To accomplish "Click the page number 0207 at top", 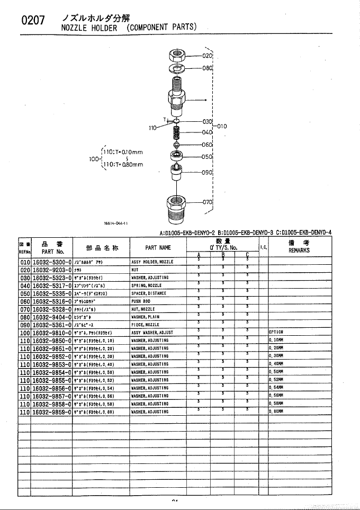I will click(32, 21).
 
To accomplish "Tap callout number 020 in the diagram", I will click(207, 55).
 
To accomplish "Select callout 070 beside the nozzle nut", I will click(207, 202).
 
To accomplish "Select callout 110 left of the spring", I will click(153, 128).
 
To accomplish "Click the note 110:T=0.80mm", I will click(123, 164).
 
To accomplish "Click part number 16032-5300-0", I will click(52, 262).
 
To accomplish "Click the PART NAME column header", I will click(158, 247).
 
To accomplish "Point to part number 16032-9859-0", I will click(52, 411).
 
